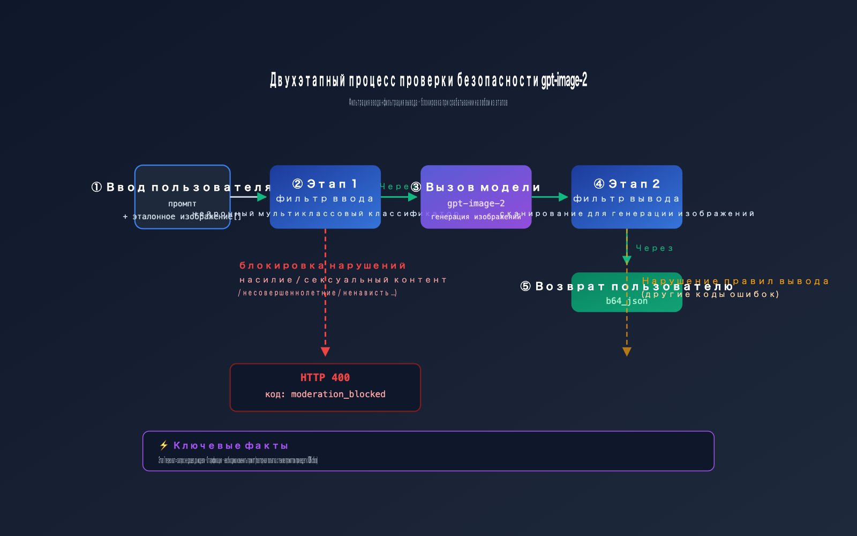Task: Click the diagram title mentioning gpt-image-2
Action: pos(428,80)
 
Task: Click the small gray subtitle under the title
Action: pos(428,102)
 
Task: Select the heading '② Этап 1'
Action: pos(325,184)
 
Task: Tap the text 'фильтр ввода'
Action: pos(325,199)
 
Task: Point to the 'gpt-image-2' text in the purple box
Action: pos(476,203)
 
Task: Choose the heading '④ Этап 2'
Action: pos(627,184)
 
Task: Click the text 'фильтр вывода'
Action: pos(627,199)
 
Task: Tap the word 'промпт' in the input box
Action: pos(182,204)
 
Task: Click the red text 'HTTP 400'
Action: pos(325,377)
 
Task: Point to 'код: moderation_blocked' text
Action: pos(325,394)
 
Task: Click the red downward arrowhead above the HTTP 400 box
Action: pos(325,352)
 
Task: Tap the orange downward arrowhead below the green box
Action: pos(627,352)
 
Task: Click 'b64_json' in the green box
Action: pos(626,301)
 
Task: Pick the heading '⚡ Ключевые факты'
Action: pos(224,445)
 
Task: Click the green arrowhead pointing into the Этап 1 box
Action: pos(262,197)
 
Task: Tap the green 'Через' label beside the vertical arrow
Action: pos(654,248)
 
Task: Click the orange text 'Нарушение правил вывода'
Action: pos(735,281)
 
